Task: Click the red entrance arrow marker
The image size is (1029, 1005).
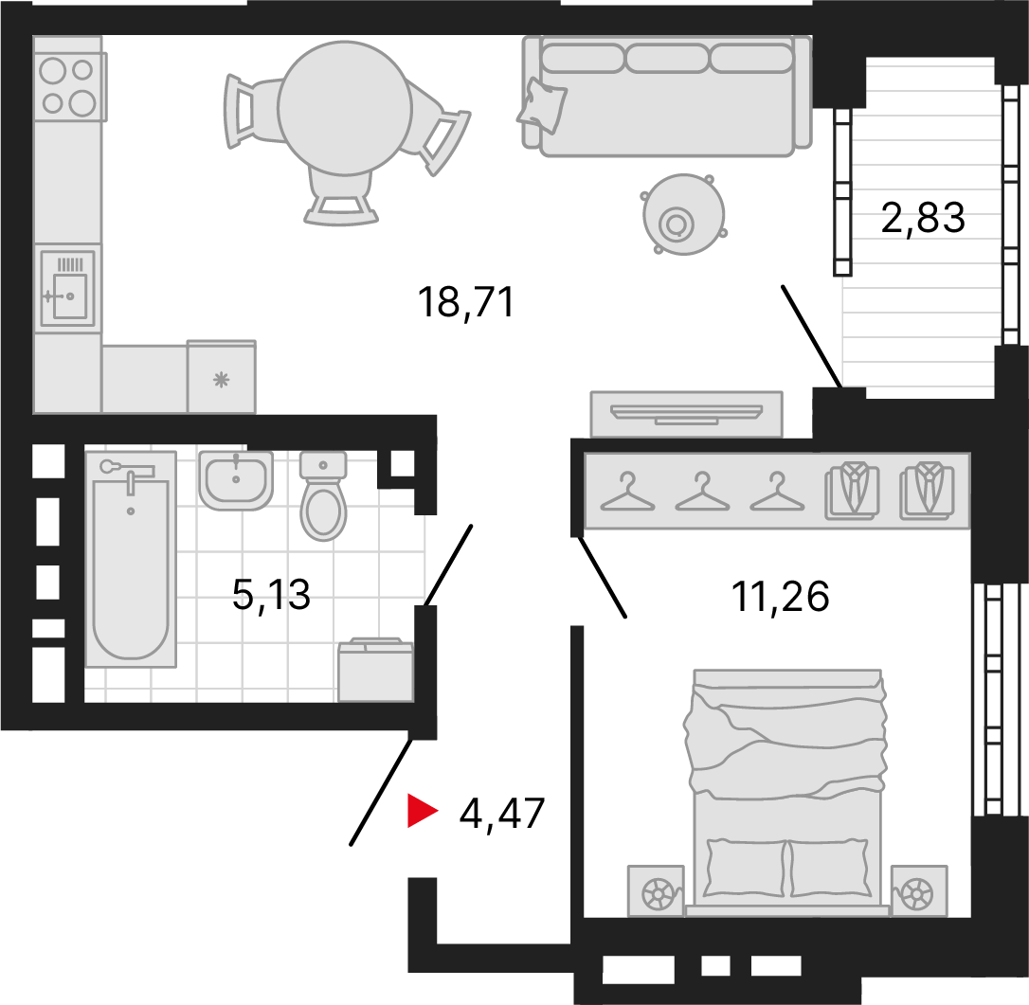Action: (420, 812)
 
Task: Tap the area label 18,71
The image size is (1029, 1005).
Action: (465, 303)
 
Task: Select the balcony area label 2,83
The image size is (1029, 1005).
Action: (923, 219)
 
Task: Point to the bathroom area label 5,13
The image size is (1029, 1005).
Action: (272, 597)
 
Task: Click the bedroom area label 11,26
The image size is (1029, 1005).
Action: (780, 597)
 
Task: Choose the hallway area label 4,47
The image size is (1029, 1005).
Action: (501, 813)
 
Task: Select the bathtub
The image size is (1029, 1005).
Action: (131, 559)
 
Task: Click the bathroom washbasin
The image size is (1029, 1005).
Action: (236, 478)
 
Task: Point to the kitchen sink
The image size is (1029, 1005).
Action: (68, 288)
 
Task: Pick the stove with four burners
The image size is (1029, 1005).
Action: (68, 85)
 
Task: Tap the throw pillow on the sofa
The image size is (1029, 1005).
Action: (542, 103)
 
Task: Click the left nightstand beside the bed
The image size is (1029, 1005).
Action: (655, 891)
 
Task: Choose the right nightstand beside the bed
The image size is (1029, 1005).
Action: (917, 891)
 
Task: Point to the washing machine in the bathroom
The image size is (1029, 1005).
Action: (375, 672)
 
